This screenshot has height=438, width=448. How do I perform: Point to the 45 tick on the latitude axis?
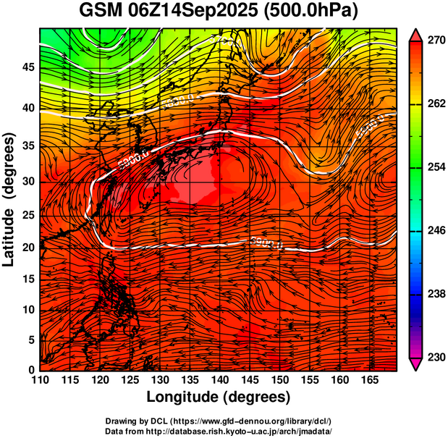(x=28, y=67)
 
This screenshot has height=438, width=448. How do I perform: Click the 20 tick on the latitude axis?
(x=28, y=247)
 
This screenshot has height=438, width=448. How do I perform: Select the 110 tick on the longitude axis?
(x=40, y=379)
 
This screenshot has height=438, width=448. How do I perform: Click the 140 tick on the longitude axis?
(x=219, y=379)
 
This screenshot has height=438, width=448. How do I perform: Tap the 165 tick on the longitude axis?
(x=368, y=379)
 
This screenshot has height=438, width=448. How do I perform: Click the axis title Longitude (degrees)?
(x=219, y=397)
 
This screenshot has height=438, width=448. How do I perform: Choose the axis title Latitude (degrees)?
(x=10, y=199)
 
